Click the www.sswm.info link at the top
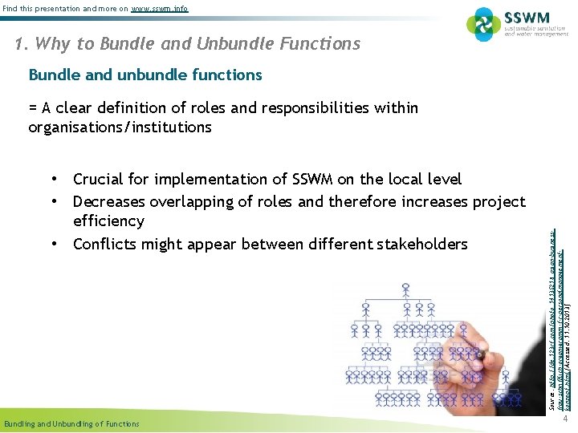click(160, 9)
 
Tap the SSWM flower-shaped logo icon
click(484, 25)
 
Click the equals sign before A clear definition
click(33, 108)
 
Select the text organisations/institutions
click(120, 127)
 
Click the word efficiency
click(108, 221)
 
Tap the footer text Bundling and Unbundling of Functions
click(71, 423)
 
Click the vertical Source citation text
click(556, 321)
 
